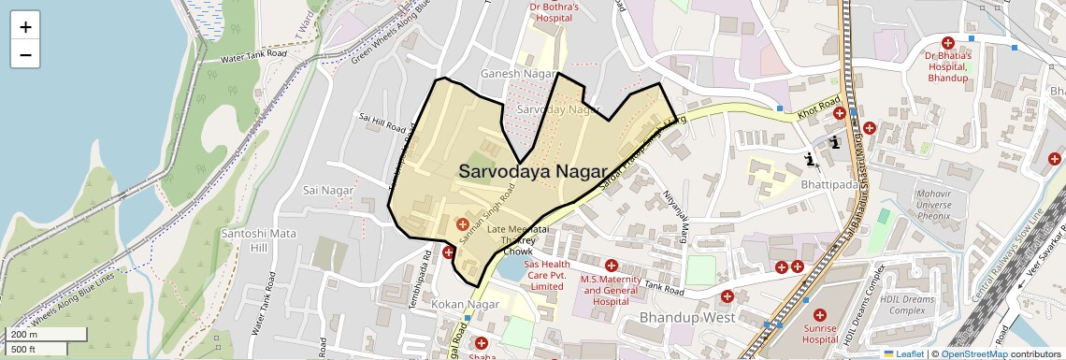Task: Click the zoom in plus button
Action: click(25, 27)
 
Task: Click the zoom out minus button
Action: click(25, 54)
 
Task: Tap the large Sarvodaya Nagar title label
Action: click(526, 171)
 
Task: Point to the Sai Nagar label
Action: click(328, 190)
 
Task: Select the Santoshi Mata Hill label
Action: click(244, 239)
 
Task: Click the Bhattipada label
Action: click(829, 186)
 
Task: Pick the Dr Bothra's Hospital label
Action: click(555, 12)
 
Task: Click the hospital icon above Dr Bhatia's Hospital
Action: click(948, 43)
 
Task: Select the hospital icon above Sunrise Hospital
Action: click(820, 316)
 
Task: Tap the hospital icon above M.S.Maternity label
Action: click(612, 266)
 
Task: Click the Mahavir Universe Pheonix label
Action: click(915, 203)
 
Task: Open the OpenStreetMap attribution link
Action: click(973, 353)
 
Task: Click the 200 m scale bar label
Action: click(24, 335)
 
